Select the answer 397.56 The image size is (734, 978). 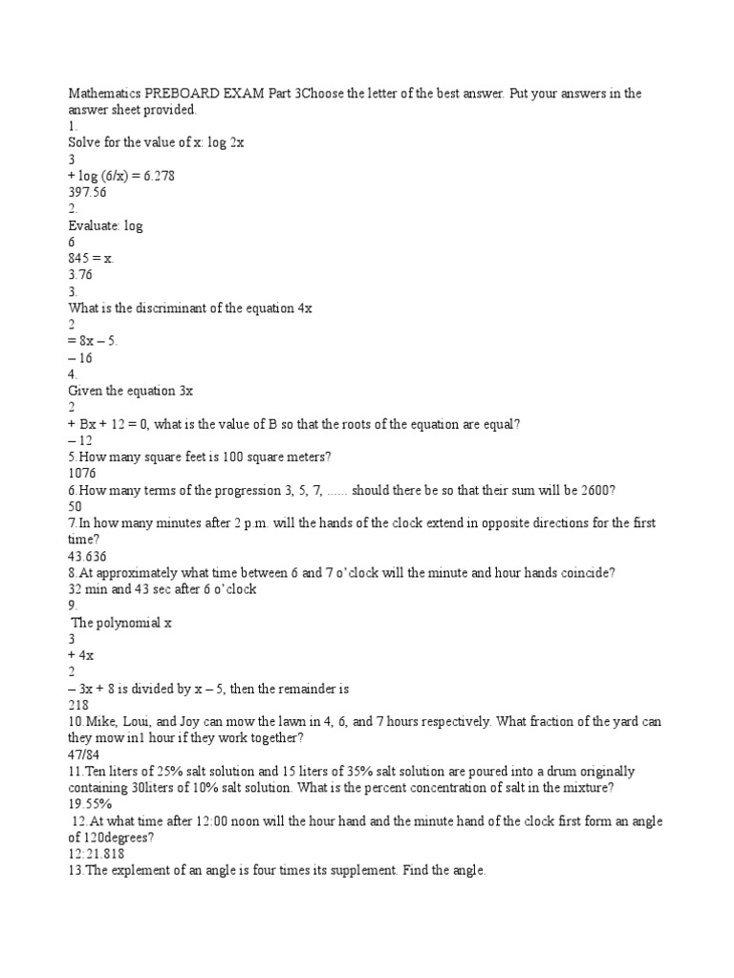coord(87,192)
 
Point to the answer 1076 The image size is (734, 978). coord(83,473)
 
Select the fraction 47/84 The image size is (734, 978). coord(84,755)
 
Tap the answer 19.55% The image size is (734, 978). coord(89,804)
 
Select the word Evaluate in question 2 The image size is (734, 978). coord(94,225)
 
